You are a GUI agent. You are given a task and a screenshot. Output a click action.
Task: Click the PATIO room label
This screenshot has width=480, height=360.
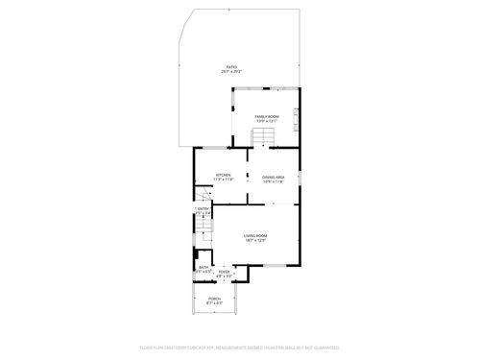(x=231, y=67)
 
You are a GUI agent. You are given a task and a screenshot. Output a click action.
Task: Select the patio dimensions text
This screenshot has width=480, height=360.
(x=231, y=72)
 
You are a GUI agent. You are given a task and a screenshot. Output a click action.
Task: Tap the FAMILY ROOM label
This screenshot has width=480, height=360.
(x=266, y=115)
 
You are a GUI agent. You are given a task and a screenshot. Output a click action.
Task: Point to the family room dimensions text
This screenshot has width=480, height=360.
(x=266, y=121)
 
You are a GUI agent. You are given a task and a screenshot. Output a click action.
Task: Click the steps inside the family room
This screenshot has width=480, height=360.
(x=265, y=140)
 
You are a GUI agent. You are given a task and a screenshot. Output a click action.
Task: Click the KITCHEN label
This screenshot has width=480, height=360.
(x=223, y=175)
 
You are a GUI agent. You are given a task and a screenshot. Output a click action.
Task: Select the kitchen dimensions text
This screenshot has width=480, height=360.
(x=223, y=180)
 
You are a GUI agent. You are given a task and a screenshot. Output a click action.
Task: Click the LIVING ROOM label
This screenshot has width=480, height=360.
(x=254, y=235)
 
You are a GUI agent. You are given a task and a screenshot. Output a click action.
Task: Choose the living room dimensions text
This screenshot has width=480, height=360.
(x=254, y=240)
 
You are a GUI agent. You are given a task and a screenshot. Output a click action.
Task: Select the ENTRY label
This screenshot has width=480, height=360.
(x=204, y=208)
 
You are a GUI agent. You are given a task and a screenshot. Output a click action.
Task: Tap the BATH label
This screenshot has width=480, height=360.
(x=204, y=268)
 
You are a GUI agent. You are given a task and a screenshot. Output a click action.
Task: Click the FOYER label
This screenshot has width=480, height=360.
(x=224, y=272)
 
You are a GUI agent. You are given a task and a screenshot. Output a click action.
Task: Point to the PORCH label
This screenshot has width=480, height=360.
(x=215, y=299)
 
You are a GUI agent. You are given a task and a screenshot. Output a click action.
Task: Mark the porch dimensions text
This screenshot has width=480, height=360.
(x=215, y=303)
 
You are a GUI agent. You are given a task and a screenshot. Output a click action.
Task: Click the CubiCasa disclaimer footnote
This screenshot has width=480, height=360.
(x=240, y=347)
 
